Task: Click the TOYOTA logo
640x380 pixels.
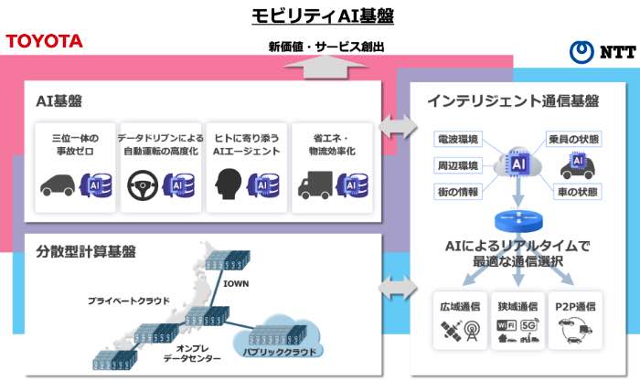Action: tap(44, 41)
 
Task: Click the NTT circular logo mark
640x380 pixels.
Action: tap(581, 52)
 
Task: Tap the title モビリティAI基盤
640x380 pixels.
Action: tap(323, 16)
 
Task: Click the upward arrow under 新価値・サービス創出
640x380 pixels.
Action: tap(325, 68)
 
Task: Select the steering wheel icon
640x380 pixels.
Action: tap(143, 185)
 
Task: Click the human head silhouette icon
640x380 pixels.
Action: tap(229, 185)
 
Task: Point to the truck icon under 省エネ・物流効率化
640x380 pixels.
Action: tap(315, 185)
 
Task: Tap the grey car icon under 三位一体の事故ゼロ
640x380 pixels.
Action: tap(58, 185)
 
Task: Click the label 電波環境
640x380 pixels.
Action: tap(457, 139)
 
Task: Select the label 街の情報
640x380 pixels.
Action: tap(457, 192)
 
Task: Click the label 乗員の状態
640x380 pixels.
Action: tap(573, 139)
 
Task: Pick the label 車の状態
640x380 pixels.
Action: tap(578, 192)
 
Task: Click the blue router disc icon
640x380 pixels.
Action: tap(518, 221)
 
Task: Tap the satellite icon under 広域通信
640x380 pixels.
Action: tap(451, 331)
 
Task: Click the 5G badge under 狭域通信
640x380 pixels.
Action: tap(528, 325)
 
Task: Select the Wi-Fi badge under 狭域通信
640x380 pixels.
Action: tap(507, 325)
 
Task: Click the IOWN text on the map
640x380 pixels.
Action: tap(236, 283)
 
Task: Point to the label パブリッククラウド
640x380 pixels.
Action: tap(280, 352)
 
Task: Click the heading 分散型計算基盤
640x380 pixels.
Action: tap(86, 251)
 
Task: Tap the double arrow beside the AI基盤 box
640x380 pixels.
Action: tap(397, 127)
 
